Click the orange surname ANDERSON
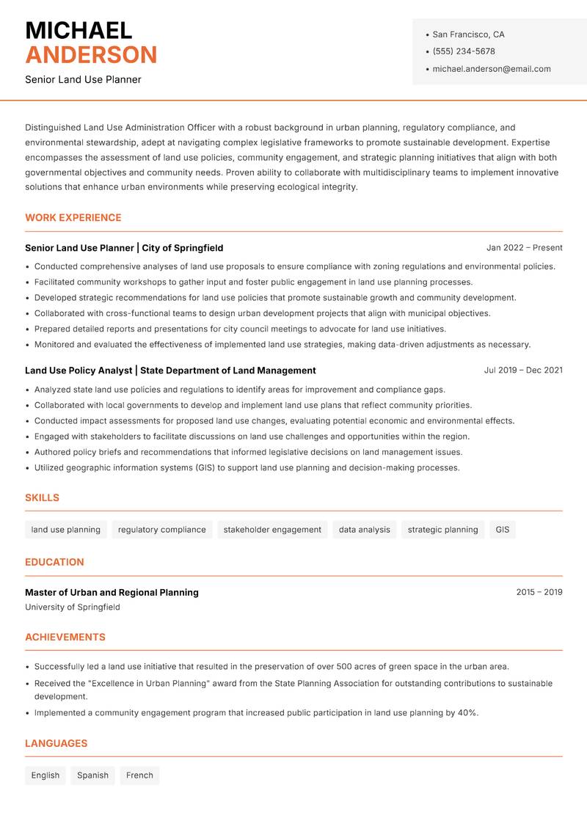(x=91, y=55)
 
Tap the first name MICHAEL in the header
(x=79, y=30)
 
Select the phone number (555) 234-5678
(x=463, y=51)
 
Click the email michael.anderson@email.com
(x=491, y=69)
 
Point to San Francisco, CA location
(x=468, y=34)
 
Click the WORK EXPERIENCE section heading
(x=73, y=218)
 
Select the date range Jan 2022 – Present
(x=524, y=248)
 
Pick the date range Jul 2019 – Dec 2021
(x=522, y=370)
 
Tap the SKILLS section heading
(x=42, y=497)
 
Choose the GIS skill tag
(x=502, y=530)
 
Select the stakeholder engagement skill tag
(x=272, y=530)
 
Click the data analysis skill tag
(x=364, y=530)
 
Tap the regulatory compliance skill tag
(x=161, y=530)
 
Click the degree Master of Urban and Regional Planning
(x=112, y=592)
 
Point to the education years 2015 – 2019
(x=539, y=592)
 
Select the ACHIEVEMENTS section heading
(x=65, y=638)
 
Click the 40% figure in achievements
(x=467, y=712)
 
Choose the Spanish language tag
(x=92, y=775)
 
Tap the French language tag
(x=139, y=775)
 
